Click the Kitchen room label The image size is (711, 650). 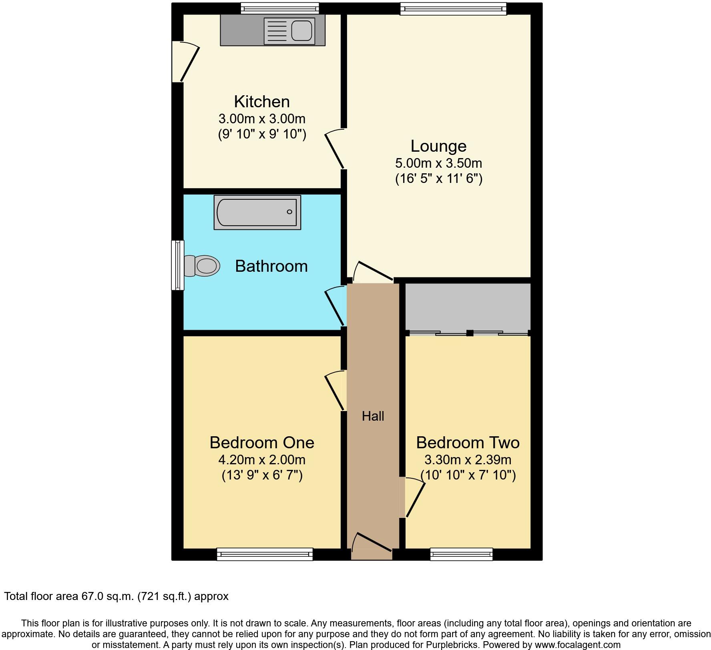pos(262,102)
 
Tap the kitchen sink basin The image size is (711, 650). pos(301,31)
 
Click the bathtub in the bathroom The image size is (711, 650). pos(257,212)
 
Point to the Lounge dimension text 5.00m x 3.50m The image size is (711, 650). pos(438,163)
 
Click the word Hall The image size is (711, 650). pos(373,416)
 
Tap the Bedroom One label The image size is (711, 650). pos(262,443)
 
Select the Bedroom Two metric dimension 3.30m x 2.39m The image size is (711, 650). pos(468,460)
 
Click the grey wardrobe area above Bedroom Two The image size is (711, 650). pos(468,307)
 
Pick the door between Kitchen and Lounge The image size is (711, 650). pos(335,150)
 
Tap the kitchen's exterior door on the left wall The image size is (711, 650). pos(185,62)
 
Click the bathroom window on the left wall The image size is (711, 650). pos(178,265)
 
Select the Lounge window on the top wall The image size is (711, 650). pos(453,8)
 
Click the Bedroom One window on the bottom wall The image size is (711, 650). pos(265,554)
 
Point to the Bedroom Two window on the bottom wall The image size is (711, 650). pos(461,554)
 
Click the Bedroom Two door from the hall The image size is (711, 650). pos(413,498)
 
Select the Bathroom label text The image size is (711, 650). pos(271,266)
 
